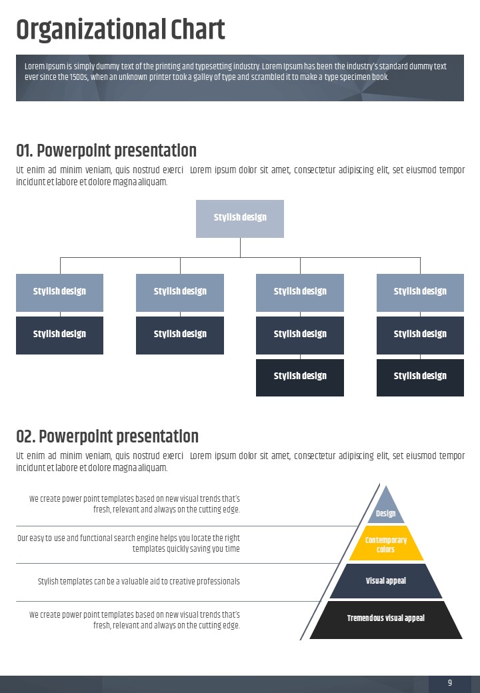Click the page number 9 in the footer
point(450,682)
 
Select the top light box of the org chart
point(240,219)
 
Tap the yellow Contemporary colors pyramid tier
point(386,543)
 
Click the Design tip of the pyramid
point(386,507)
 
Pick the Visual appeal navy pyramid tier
point(386,581)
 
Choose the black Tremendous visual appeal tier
point(386,620)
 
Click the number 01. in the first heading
point(24,151)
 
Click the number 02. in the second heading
point(25,436)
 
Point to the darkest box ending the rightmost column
point(420,377)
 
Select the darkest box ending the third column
point(300,377)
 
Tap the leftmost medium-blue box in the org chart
point(60,293)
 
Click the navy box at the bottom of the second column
point(180,335)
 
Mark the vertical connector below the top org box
point(241,247)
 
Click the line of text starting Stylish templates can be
point(139,581)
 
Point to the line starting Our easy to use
point(129,538)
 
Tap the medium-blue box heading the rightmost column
point(420,293)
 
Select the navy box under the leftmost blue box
point(60,335)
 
